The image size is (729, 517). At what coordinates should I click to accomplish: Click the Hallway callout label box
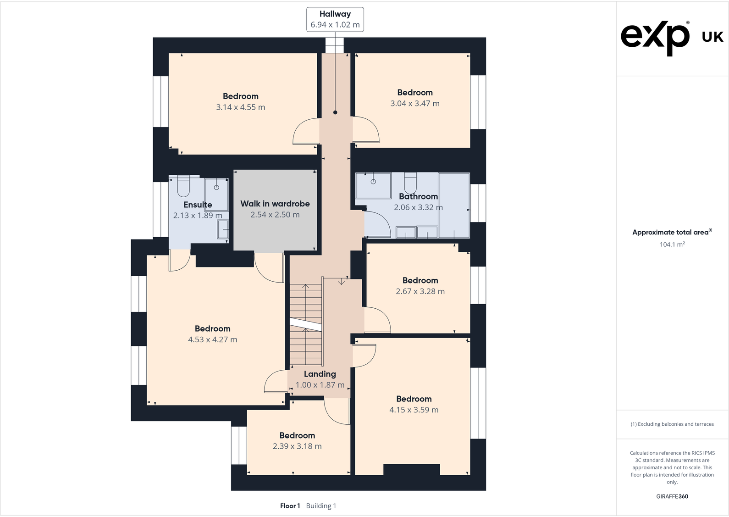(335, 19)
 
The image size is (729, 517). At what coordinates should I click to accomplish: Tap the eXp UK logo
(672, 36)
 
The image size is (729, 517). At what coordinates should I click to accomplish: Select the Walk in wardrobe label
(275, 204)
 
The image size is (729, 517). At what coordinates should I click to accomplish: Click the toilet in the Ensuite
(183, 185)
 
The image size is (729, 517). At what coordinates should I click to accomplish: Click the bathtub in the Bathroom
(454, 205)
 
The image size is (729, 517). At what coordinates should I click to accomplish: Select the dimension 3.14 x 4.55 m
(241, 107)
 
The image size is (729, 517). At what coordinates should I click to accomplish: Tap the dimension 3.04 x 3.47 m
(415, 104)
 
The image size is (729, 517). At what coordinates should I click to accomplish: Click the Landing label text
(320, 374)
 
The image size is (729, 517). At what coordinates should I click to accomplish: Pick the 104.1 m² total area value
(672, 245)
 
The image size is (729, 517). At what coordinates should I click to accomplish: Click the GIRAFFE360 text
(672, 496)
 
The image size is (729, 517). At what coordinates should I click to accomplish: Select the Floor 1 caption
(290, 506)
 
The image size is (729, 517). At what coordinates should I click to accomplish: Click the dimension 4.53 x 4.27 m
(213, 340)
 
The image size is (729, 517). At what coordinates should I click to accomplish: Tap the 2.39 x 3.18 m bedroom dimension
(297, 446)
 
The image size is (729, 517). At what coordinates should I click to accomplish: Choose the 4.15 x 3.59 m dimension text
(414, 410)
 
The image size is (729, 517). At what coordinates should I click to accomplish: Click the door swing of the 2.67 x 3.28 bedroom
(377, 320)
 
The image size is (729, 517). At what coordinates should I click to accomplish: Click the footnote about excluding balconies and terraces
(672, 424)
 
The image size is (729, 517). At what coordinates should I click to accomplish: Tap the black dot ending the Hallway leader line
(335, 112)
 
